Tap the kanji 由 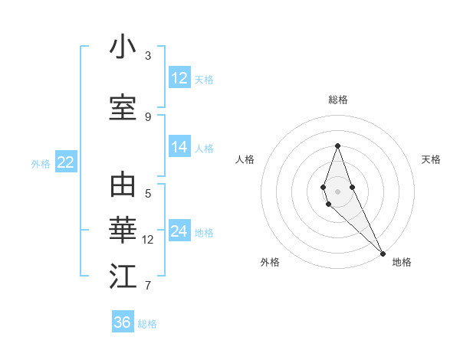(123, 185)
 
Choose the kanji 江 (123, 277)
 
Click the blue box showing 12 (179, 78)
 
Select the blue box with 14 (179, 147)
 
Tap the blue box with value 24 (179, 231)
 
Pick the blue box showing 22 (65, 162)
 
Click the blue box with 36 (123, 322)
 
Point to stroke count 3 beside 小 (148, 56)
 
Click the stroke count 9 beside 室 (148, 117)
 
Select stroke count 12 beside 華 (148, 240)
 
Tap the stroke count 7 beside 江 (148, 286)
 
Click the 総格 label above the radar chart (338, 100)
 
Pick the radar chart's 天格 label (431, 159)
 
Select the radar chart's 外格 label (269, 262)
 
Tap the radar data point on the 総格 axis (337, 146)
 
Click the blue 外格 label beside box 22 (40, 163)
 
